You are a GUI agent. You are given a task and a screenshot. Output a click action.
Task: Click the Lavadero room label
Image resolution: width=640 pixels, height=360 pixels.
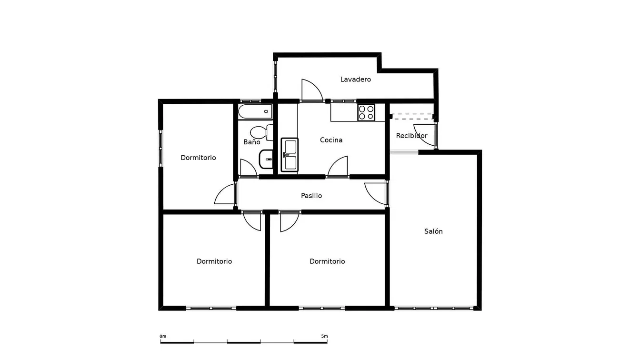point(355,80)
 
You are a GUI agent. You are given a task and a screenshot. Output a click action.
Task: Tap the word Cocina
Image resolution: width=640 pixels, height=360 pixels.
point(331,140)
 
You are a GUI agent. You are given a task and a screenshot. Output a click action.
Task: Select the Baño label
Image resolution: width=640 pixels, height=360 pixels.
point(251,142)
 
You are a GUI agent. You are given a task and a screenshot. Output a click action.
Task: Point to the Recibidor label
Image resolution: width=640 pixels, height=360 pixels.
point(411,136)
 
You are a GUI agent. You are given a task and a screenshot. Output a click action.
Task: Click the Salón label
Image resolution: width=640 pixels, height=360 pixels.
point(433,231)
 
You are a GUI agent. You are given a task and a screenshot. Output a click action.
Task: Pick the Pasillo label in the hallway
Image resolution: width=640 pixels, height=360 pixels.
point(311,196)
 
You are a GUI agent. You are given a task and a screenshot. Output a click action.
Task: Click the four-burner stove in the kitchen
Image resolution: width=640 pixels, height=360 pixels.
point(366,112)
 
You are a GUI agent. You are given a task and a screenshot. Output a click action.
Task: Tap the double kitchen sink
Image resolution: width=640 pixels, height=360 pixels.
point(290,154)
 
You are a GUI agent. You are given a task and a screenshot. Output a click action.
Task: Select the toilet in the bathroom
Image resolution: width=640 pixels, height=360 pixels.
point(261,132)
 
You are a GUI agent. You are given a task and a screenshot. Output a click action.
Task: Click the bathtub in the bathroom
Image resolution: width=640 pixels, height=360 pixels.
point(255,112)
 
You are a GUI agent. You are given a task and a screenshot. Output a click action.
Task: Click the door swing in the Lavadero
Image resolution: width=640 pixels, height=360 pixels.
point(311,90)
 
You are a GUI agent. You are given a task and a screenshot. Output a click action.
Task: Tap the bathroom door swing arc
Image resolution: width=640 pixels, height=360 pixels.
point(248,168)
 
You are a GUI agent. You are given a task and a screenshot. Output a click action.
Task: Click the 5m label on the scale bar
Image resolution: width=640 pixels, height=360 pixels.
point(324,336)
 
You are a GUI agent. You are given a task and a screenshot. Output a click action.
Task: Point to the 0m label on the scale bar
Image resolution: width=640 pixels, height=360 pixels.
point(163,336)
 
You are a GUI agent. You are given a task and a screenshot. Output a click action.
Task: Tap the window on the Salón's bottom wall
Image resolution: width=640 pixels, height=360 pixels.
point(434,309)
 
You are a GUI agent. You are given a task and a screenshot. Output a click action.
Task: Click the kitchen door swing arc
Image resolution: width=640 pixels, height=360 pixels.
point(338,166)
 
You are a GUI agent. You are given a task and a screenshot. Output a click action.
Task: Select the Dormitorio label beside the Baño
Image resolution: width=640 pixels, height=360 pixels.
point(198,158)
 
